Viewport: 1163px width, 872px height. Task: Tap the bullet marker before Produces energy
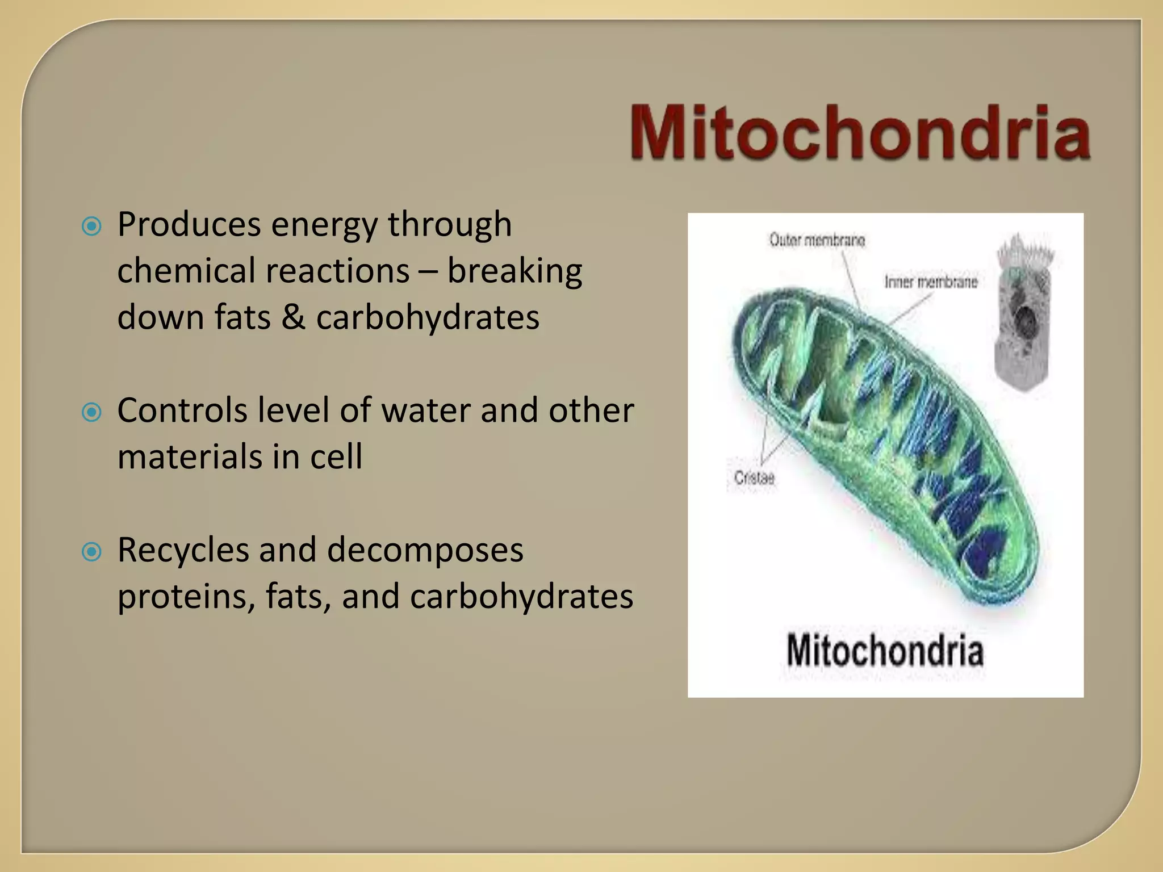pos(91,227)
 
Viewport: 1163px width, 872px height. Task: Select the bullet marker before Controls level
pos(91,412)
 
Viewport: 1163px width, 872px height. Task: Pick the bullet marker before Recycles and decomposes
pos(91,551)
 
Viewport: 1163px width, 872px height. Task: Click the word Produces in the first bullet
pos(189,224)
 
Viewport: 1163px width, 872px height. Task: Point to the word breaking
pos(514,271)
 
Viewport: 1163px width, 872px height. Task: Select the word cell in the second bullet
pos(336,456)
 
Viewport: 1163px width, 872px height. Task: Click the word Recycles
pos(183,550)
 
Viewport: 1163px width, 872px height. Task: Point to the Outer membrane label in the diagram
pos(817,241)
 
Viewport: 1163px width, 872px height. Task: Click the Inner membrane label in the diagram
pos(931,282)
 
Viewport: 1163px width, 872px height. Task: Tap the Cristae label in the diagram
pos(754,478)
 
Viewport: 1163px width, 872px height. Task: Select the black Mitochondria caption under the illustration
pos(885,651)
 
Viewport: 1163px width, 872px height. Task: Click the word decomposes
pos(425,550)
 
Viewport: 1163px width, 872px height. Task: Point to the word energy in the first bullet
pos(324,225)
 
